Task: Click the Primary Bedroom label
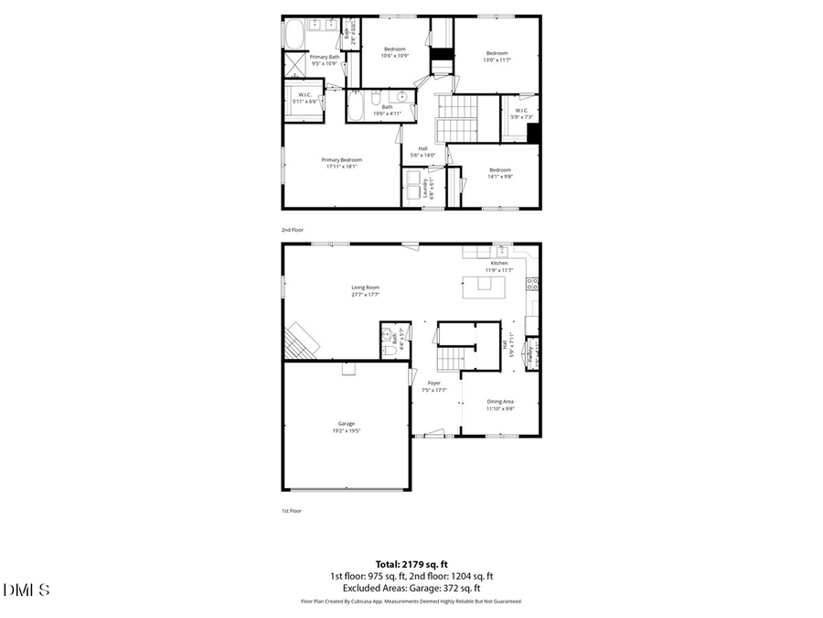pyautogui.click(x=341, y=163)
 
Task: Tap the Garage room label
pyautogui.click(x=346, y=427)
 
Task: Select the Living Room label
pyautogui.click(x=365, y=290)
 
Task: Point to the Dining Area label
pyautogui.click(x=500, y=405)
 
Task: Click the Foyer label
pyautogui.click(x=434, y=386)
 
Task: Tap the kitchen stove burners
pyautogui.click(x=533, y=284)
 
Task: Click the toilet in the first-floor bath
pyautogui.click(x=388, y=349)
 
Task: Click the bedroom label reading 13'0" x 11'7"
pyautogui.click(x=497, y=56)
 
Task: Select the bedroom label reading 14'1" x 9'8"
pyautogui.click(x=499, y=173)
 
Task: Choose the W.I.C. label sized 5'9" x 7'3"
pyautogui.click(x=521, y=114)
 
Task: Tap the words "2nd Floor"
pyautogui.click(x=292, y=231)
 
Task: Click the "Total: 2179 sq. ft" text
pyautogui.click(x=411, y=564)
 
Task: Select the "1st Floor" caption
pyautogui.click(x=292, y=510)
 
